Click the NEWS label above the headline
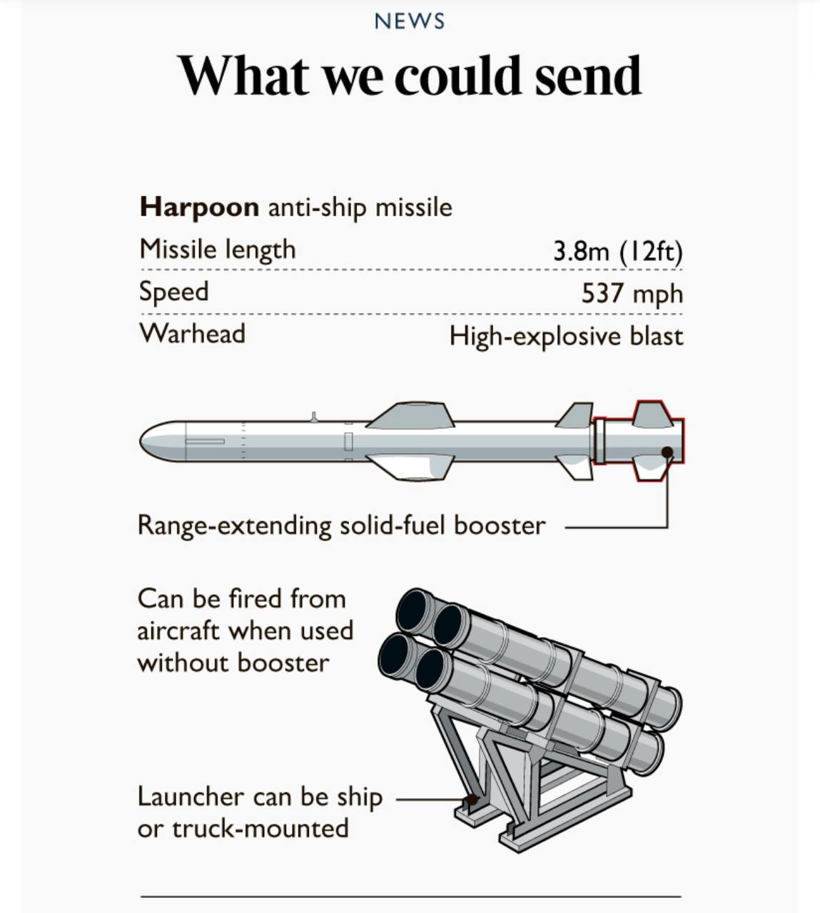[x=409, y=21]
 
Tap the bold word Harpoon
[x=199, y=208]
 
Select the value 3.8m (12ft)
[x=617, y=251]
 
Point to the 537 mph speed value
[x=632, y=293]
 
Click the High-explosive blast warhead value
[x=566, y=336]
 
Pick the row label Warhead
[x=192, y=334]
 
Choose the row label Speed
[x=173, y=292]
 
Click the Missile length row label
[x=217, y=250]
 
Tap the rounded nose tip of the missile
[x=146, y=441]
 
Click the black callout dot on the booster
[x=667, y=452]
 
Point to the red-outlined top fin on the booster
[x=652, y=413]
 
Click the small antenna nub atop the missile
[x=313, y=417]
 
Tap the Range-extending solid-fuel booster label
[x=341, y=526]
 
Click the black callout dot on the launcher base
[x=471, y=800]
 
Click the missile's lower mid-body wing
[x=412, y=467]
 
